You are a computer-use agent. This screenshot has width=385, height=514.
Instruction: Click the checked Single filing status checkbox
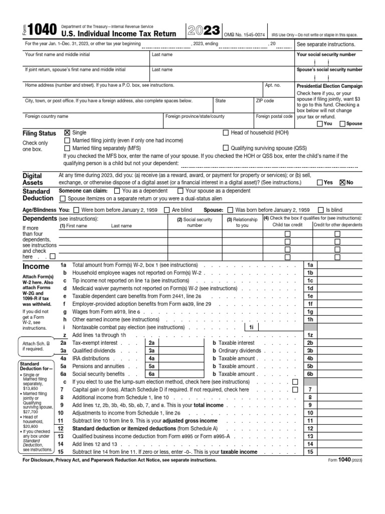67,133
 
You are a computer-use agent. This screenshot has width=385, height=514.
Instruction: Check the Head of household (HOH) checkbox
225,133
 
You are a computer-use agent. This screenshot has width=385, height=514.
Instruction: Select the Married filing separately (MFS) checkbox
67,149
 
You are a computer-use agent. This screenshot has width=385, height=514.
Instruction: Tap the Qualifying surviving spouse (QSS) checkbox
225,149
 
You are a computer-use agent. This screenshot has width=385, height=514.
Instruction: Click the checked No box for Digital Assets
342,183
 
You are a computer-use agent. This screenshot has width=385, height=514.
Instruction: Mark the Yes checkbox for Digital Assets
320,183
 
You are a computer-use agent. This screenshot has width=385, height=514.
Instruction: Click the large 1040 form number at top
40,32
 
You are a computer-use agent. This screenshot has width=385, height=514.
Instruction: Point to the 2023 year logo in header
204,31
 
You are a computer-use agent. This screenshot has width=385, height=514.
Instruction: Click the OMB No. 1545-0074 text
245,34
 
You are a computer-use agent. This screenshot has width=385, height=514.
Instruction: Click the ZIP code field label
265,101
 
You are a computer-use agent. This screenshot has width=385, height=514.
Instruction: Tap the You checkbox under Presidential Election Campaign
320,123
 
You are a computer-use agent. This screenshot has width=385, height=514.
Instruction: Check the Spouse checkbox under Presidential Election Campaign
342,123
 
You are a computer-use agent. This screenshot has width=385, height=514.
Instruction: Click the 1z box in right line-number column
310,335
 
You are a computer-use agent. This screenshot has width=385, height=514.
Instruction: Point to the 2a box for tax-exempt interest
150,342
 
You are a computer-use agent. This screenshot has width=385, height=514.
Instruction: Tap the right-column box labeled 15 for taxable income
310,452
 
